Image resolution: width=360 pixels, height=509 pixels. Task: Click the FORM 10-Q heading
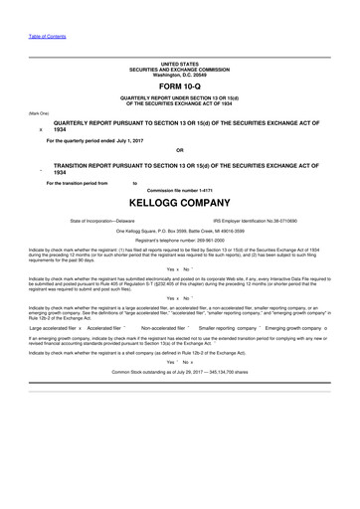pyautogui.click(x=180, y=85)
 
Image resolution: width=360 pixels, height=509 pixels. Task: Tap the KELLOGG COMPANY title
pyautogui.click(x=180, y=200)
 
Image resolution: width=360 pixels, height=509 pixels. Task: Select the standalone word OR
pyautogui.click(x=180, y=151)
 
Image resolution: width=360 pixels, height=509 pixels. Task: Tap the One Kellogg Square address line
pyautogui.click(x=180, y=231)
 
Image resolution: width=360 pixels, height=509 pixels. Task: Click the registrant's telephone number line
pyautogui.click(x=180, y=242)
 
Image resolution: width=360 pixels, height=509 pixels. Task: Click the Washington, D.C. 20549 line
pyautogui.click(x=180, y=74)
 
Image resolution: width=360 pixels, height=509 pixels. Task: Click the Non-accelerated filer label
pyautogui.click(x=165, y=326)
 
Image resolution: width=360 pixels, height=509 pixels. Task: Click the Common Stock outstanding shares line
pyautogui.click(x=180, y=371)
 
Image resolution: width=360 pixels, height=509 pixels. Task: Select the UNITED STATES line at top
pyautogui.click(x=180, y=63)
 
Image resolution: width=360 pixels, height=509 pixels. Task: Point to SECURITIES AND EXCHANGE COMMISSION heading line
pyautogui.click(x=180, y=69)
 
